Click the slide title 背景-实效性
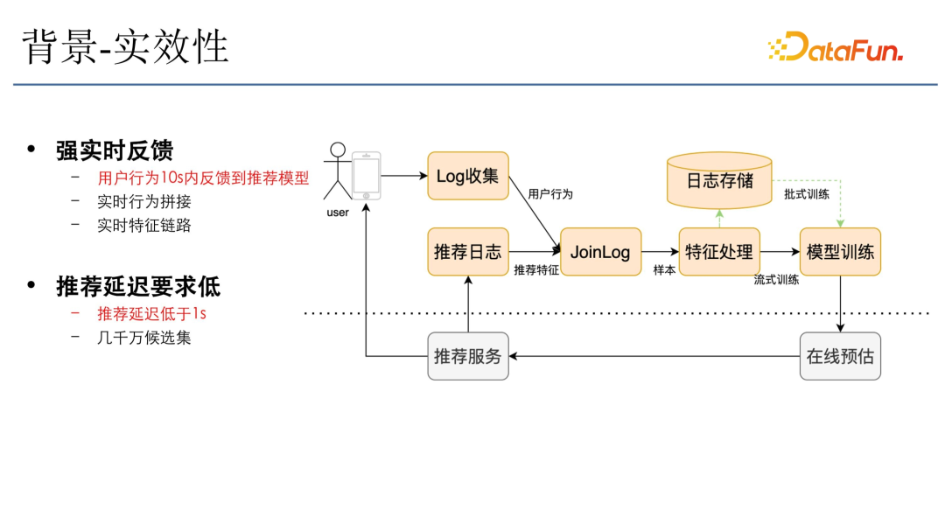(x=125, y=47)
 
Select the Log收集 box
(x=467, y=176)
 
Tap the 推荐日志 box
(x=467, y=252)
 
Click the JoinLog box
(x=600, y=252)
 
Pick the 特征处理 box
(x=719, y=252)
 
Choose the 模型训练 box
(x=840, y=252)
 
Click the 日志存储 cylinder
(x=719, y=180)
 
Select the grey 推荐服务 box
(x=467, y=356)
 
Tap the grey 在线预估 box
(x=840, y=356)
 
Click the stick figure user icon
(x=335, y=171)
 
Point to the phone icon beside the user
(x=366, y=176)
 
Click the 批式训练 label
(x=806, y=194)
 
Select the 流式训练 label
(x=776, y=281)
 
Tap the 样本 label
(x=664, y=270)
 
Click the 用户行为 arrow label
(x=550, y=194)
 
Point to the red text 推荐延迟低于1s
(x=151, y=313)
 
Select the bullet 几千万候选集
(x=143, y=337)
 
